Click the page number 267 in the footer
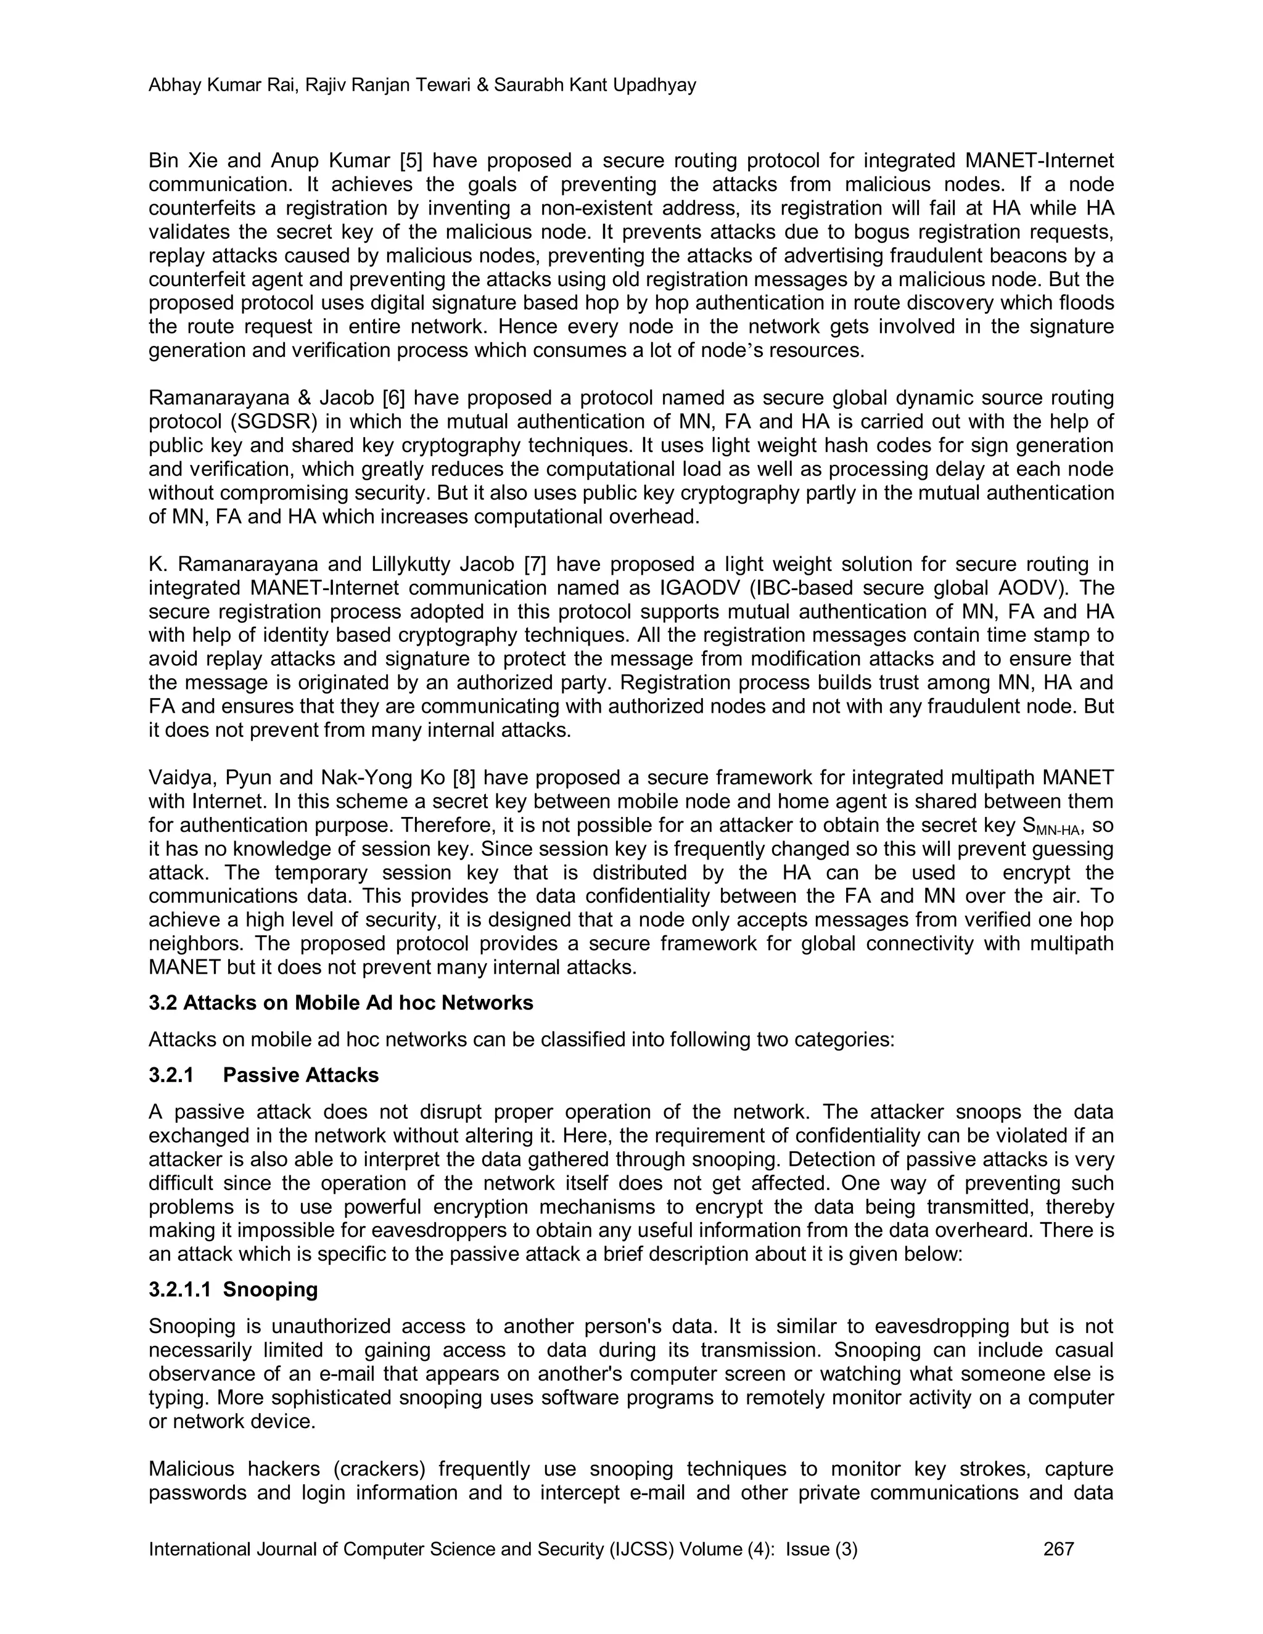1058,1549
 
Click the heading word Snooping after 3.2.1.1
270,1290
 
